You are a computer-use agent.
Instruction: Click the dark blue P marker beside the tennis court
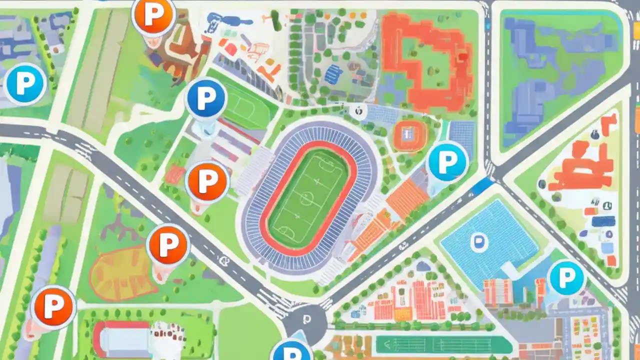pyautogui.click(x=205, y=98)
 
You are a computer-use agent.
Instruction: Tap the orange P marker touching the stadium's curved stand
pyautogui.click(x=206, y=181)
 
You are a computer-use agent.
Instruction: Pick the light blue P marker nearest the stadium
pyautogui.click(x=447, y=160)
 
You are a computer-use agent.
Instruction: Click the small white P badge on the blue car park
pyautogui.click(x=478, y=242)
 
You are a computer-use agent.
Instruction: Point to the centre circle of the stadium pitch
pyautogui.click(x=305, y=198)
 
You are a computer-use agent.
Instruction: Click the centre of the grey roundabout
pyautogui.click(x=305, y=320)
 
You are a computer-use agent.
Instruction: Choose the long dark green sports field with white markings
pyautogui.click(x=443, y=344)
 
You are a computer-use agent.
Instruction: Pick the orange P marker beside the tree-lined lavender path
pyautogui.click(x=53, y=306)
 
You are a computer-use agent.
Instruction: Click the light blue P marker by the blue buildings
pyautogui.click(x=24, y=84)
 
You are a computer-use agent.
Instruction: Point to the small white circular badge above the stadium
pyautogui.click(x=357, y=111)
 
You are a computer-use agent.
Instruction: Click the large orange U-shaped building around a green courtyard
pyautogui.click(x=425, y=60)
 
